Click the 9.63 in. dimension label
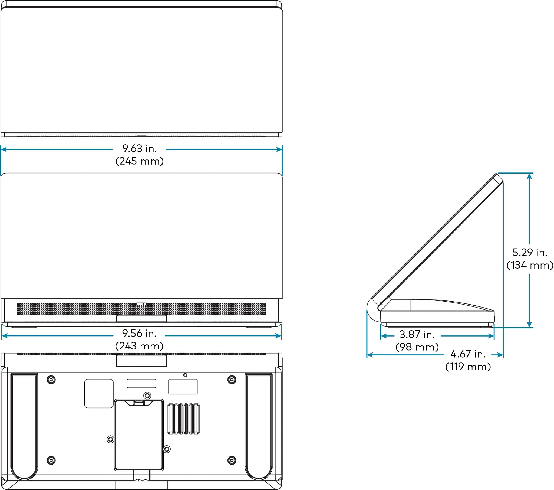(x=140, y=148)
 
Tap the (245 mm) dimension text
(x=140, y=161)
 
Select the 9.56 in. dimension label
(x=139, y=334)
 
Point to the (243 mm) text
(x=139, y=346)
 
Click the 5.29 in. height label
(x=530, y=253)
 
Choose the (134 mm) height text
(x=530, y=265)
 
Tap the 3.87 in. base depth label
(x=417, y=335)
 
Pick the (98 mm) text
(x=417, y=347)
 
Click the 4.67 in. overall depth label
(x=468, y=354)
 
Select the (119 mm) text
(x=468, y=367)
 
